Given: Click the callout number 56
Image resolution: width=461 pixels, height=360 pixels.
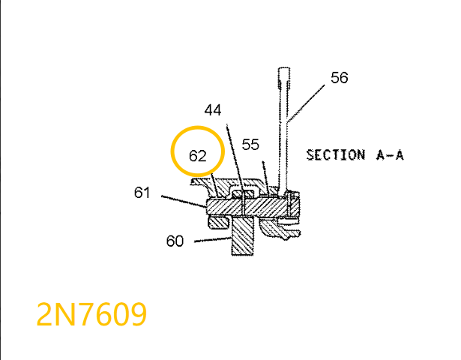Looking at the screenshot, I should [x=339, y=78].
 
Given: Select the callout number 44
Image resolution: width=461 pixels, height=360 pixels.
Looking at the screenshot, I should [x=214, y=110].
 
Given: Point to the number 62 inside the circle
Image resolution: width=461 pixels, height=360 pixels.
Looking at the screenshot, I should [x=197, y=157].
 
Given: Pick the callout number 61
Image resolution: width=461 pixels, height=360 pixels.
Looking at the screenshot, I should [x=142, y=193].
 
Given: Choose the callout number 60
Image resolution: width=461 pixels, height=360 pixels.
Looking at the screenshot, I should [x=175, y=241].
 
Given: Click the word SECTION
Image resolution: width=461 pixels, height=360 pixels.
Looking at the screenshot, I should [x=333, y=155].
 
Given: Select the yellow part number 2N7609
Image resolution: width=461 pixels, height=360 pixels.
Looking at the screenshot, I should [x=92, y=315].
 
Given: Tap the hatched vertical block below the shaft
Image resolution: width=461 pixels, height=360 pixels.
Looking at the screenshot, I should [x=244, y=236].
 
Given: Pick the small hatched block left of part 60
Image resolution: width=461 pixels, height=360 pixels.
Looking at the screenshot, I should [x=220, y=222].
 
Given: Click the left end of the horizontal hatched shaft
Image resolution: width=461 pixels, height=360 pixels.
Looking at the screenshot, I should [x=208, y=206].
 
